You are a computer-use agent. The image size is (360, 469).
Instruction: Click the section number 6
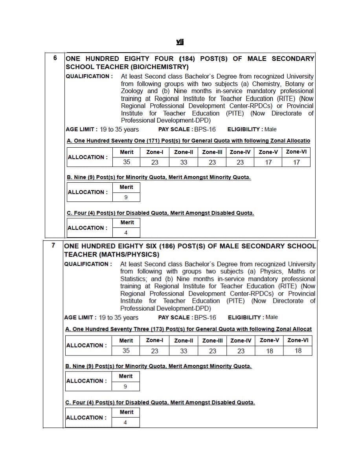55,58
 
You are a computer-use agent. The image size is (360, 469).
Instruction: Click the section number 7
54,245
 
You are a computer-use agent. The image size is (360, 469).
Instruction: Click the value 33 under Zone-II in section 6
184,162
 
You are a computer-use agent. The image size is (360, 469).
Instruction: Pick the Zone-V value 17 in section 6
268,162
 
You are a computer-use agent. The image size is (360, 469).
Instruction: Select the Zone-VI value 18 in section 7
298,351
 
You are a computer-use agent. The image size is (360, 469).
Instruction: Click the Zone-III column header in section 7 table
213,341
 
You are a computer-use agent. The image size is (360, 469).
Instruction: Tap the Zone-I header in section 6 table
155,152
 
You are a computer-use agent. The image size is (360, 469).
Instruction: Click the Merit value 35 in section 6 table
127,162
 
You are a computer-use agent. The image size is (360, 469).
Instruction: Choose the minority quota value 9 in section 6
126,197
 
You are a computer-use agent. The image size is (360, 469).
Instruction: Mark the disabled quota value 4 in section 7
125,423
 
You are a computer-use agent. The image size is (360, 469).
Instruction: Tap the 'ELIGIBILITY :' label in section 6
245,129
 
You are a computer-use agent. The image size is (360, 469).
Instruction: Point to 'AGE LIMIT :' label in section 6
82,129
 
